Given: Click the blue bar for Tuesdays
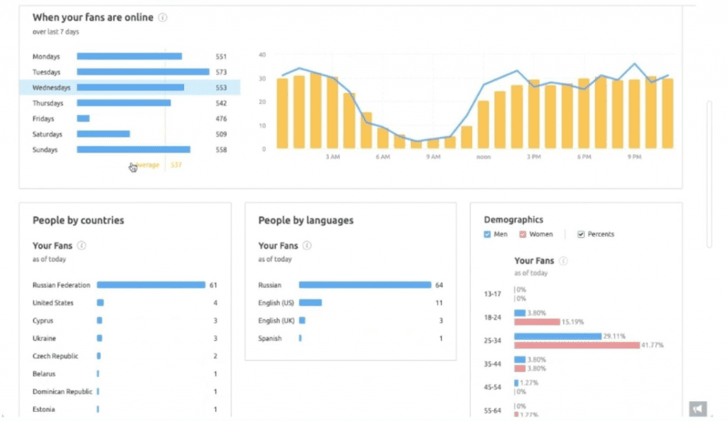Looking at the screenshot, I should pos(143,72).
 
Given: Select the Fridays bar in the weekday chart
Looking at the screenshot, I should pos(83,119).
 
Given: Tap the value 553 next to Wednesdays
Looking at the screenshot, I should pos(220,87).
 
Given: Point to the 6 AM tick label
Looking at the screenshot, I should pos(382,157).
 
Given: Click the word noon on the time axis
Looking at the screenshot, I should pos(484,157).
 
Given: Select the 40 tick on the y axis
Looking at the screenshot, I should pos(262,55).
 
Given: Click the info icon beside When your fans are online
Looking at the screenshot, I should pos(162,18).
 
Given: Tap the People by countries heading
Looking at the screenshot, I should pos(78,220).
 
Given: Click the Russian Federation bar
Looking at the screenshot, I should pos(151,285).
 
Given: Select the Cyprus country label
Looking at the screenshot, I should pos(43,321).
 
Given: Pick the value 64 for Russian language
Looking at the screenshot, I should pos(439,285).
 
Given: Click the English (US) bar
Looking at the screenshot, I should pos(310,302).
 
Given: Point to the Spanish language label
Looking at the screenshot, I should pos(270,338).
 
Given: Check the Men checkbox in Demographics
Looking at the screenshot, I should pos(487,234).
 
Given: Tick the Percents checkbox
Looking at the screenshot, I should pos(581,234).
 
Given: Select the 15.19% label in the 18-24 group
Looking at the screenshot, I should pos(573,322).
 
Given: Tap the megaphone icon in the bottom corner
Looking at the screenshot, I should pos(697,408).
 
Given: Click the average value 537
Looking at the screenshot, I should pos(177,165).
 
